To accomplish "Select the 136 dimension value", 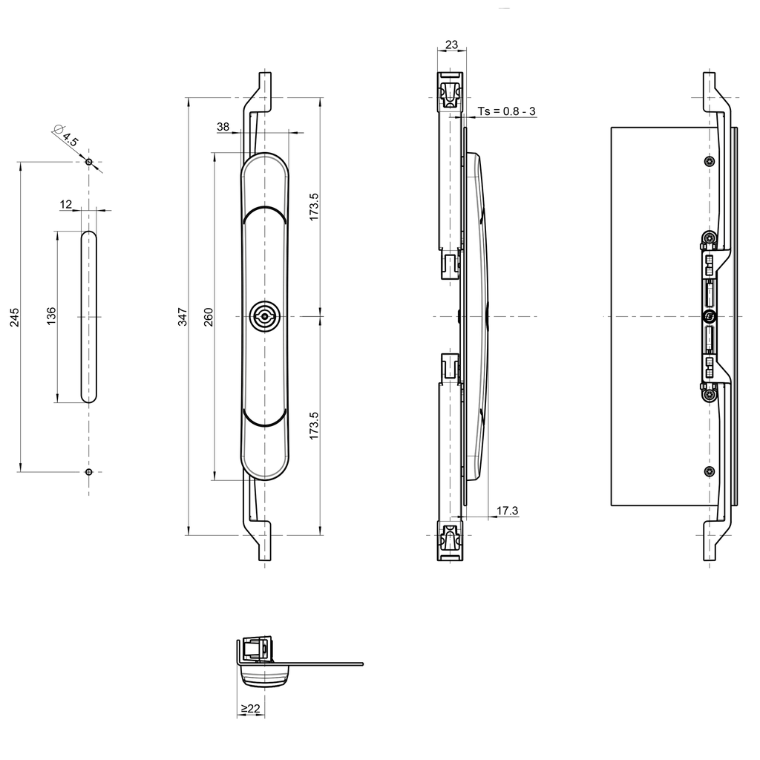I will (51, 317).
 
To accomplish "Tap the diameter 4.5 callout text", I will (68, 137).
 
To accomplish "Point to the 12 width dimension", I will (67, 204).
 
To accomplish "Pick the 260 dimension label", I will (209, 317).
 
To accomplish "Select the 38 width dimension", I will (223, 127).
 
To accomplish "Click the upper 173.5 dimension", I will (314, 207).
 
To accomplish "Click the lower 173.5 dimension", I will (314, 426).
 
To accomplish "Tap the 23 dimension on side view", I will (451, 45).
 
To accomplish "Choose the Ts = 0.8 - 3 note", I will (506, 111).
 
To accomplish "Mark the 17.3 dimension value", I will (507, 510).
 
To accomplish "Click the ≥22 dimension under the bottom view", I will (251, 709).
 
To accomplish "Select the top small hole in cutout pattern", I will (88, 162).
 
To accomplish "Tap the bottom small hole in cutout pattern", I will (88, 471).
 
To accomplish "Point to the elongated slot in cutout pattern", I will (88, 317).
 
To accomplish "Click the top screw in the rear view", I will (710, 161).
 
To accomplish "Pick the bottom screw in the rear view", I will (710, 471).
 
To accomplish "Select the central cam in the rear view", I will (710, 317).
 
